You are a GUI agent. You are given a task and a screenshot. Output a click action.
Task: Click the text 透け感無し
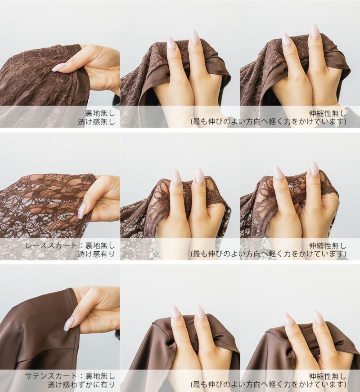96,122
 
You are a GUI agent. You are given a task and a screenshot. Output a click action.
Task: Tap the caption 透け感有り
96,254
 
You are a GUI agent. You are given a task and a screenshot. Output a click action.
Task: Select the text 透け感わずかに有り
81,385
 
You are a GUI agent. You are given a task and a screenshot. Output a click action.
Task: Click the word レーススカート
52,245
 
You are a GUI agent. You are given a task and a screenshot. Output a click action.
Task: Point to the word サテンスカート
52,376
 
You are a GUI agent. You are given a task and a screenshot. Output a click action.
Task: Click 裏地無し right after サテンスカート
100,376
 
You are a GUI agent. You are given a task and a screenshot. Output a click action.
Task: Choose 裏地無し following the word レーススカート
100,245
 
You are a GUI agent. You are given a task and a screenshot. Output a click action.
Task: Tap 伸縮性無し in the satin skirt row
328,376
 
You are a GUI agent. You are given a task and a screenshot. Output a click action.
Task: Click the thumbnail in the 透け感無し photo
57,68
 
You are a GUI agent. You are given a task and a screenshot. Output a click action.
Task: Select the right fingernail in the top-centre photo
194,38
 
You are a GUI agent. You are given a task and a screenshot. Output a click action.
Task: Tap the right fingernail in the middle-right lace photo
314,169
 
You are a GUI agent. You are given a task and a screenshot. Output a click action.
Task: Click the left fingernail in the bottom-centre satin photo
176,313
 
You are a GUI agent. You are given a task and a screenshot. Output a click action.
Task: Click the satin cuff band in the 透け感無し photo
80,75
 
